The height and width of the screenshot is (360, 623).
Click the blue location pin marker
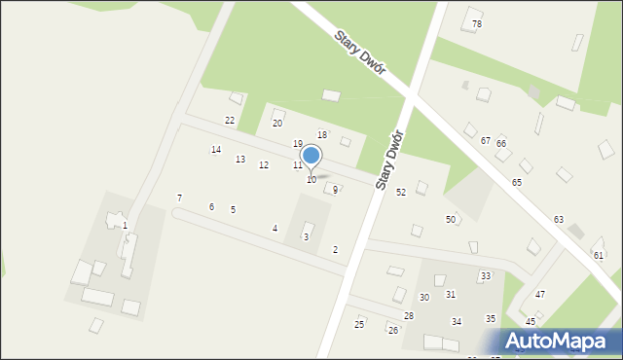pyautogui.click(x=311, y=156)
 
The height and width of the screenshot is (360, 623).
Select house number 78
pyautogui.click(x=477, y=23)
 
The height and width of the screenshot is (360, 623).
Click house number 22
pyautogui.click(x=230, y=120)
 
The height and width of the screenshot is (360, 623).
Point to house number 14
pyautogui.click(x=216, y=150)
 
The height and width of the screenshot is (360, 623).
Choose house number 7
pyautogui.click(x=179, y=198)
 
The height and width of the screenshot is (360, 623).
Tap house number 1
pyautogui.click(x=125, y=226)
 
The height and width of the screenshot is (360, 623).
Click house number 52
pyautogui.click(x=401, y=192)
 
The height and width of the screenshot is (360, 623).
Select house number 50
pyautogui.click(x=451, y=220)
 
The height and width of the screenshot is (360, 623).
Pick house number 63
pyautogui.click(x=559, y=220)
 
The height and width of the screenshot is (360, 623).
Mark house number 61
pyautogui.click(x=599, y=255)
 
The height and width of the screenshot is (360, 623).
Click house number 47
pyautogui.click(x=540, y=294)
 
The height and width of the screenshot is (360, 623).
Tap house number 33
pyautogui.click(x=485, y=276)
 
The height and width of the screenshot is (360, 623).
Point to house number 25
pyautogui.click(x=359, y=324)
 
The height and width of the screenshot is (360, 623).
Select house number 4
pyautogui.click(x=275, y=229)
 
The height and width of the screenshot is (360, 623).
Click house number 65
pyautogui.click(x=517, y=183)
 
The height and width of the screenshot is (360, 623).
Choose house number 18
pyautogui.click(x=322, y=134)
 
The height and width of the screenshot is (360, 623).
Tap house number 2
pyautogui.click(x=335, y=250)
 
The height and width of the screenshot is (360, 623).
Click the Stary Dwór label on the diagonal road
pyautogui.click(x=361, y=51)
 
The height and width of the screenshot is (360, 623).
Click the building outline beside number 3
pyautogui.click(x=309, y=228)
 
